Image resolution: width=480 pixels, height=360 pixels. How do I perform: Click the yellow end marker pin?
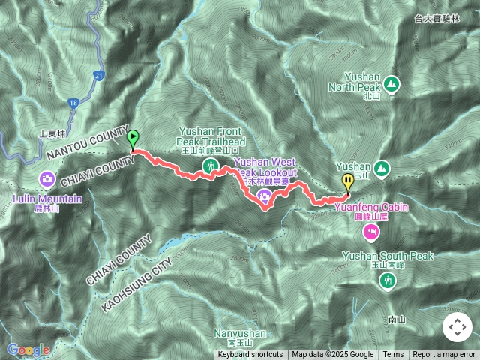pos(348,181)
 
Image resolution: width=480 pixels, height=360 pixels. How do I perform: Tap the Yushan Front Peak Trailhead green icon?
pos(212,164)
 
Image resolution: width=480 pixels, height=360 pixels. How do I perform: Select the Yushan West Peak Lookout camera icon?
pos(264,196)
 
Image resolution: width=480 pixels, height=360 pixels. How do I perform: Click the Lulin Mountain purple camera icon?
pos(46,179)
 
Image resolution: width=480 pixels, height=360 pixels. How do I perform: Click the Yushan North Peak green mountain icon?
pos(393,82)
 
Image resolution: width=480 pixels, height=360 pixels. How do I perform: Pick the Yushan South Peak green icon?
pos(387,280)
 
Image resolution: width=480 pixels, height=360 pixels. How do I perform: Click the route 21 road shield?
pos(100,75)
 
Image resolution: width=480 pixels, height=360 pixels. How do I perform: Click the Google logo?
pos(28,349)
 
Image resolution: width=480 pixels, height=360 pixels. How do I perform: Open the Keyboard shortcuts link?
pos(250,355)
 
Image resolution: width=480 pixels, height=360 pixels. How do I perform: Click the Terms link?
pos(393,355)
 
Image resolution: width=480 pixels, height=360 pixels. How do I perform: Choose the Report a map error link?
pos(444,355)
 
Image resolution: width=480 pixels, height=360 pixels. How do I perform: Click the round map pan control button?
pos(457,327)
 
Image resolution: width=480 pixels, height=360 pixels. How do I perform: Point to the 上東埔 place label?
pos(54,135)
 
